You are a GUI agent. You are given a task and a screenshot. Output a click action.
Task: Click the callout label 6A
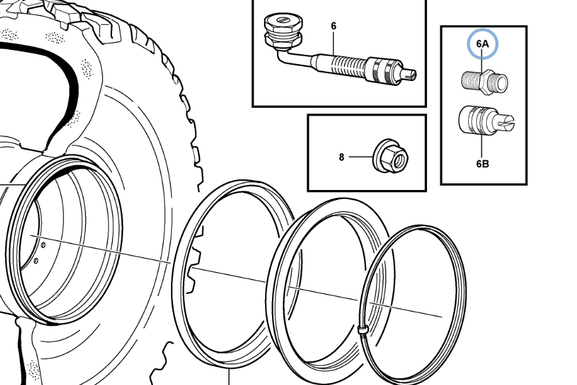pos(483,44)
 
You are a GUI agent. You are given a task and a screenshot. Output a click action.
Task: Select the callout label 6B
pos(482,164)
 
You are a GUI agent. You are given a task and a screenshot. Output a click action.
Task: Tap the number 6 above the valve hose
pos(334,26)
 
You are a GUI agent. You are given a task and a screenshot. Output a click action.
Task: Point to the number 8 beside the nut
pos(341,158)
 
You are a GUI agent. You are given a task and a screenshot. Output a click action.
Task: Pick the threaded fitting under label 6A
pos(485,80)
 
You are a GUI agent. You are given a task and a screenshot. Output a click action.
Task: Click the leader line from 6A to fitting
pos(483,60)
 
